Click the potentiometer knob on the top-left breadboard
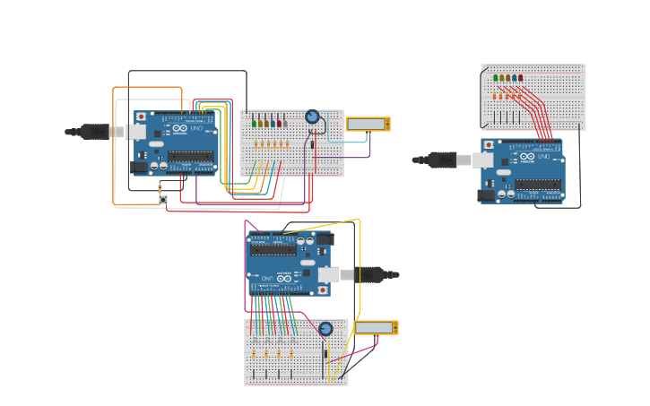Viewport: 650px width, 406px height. pos(312,117)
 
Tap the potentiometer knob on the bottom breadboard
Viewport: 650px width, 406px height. pos(325,328)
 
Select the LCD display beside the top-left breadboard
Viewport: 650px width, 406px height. pos(368,124)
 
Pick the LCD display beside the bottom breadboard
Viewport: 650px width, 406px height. pos(376,328)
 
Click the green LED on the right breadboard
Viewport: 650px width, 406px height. pos(496,78)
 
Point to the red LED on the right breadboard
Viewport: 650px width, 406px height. pos(521,78)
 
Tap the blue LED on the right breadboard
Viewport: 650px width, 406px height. pos(515,78)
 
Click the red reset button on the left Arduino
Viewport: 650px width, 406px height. pos(141,117)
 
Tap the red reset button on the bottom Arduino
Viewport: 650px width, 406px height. pos(323,290)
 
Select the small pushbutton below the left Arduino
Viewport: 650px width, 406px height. pos(163,199)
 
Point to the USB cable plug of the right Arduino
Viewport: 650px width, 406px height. pos(442,160)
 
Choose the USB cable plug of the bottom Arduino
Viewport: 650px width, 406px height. pos(368,274)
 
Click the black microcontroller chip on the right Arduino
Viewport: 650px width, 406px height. pos(538,185)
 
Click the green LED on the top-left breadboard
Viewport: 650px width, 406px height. pos(255,123)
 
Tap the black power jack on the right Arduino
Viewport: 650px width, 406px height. pos(485,194)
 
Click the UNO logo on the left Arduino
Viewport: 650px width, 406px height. pos(195,129)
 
